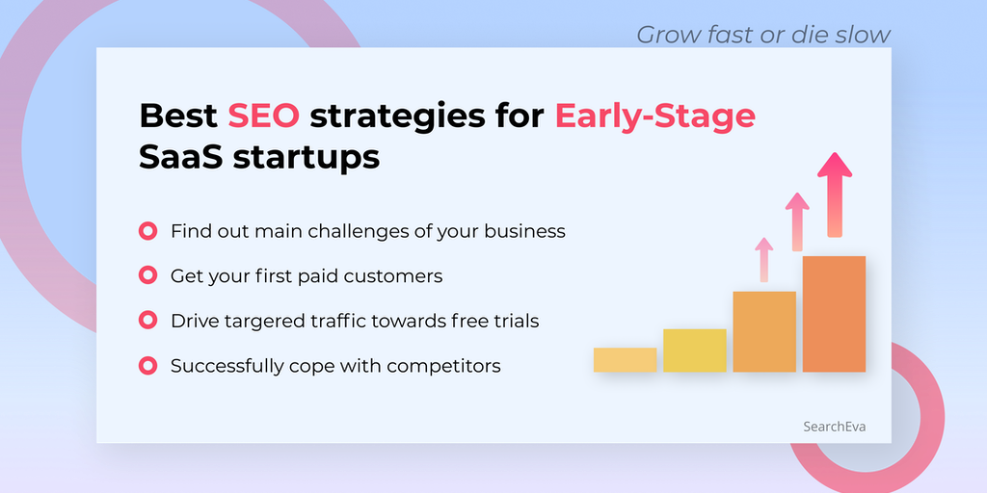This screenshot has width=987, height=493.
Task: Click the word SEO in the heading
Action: click(264, 116)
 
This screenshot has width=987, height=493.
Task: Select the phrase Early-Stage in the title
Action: click(654, 117)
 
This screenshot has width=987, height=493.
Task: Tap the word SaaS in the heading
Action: click(180, 157)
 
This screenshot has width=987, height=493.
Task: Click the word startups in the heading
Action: click(307, 159)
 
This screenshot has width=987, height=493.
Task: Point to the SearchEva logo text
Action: click(834, 427)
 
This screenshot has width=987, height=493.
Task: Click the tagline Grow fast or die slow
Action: click(763, 34)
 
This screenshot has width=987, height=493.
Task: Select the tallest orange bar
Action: click(834, 314)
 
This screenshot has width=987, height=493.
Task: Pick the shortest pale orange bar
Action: click(625, 360)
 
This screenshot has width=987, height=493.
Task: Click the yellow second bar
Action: click(695, 350)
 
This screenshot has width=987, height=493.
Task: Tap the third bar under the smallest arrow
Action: click(764, 331)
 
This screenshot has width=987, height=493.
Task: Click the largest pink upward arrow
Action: click(835, 195)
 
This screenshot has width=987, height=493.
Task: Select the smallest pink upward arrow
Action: click(764, 260)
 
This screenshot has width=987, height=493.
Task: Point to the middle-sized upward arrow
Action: click(797, 222)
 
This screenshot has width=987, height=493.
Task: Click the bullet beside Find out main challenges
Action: click(147, 231)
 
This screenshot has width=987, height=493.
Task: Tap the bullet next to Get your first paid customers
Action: click(147, 275)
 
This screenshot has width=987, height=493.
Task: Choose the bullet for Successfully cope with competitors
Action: click(147, 365)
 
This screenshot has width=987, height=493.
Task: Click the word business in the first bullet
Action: click(524, 231)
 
